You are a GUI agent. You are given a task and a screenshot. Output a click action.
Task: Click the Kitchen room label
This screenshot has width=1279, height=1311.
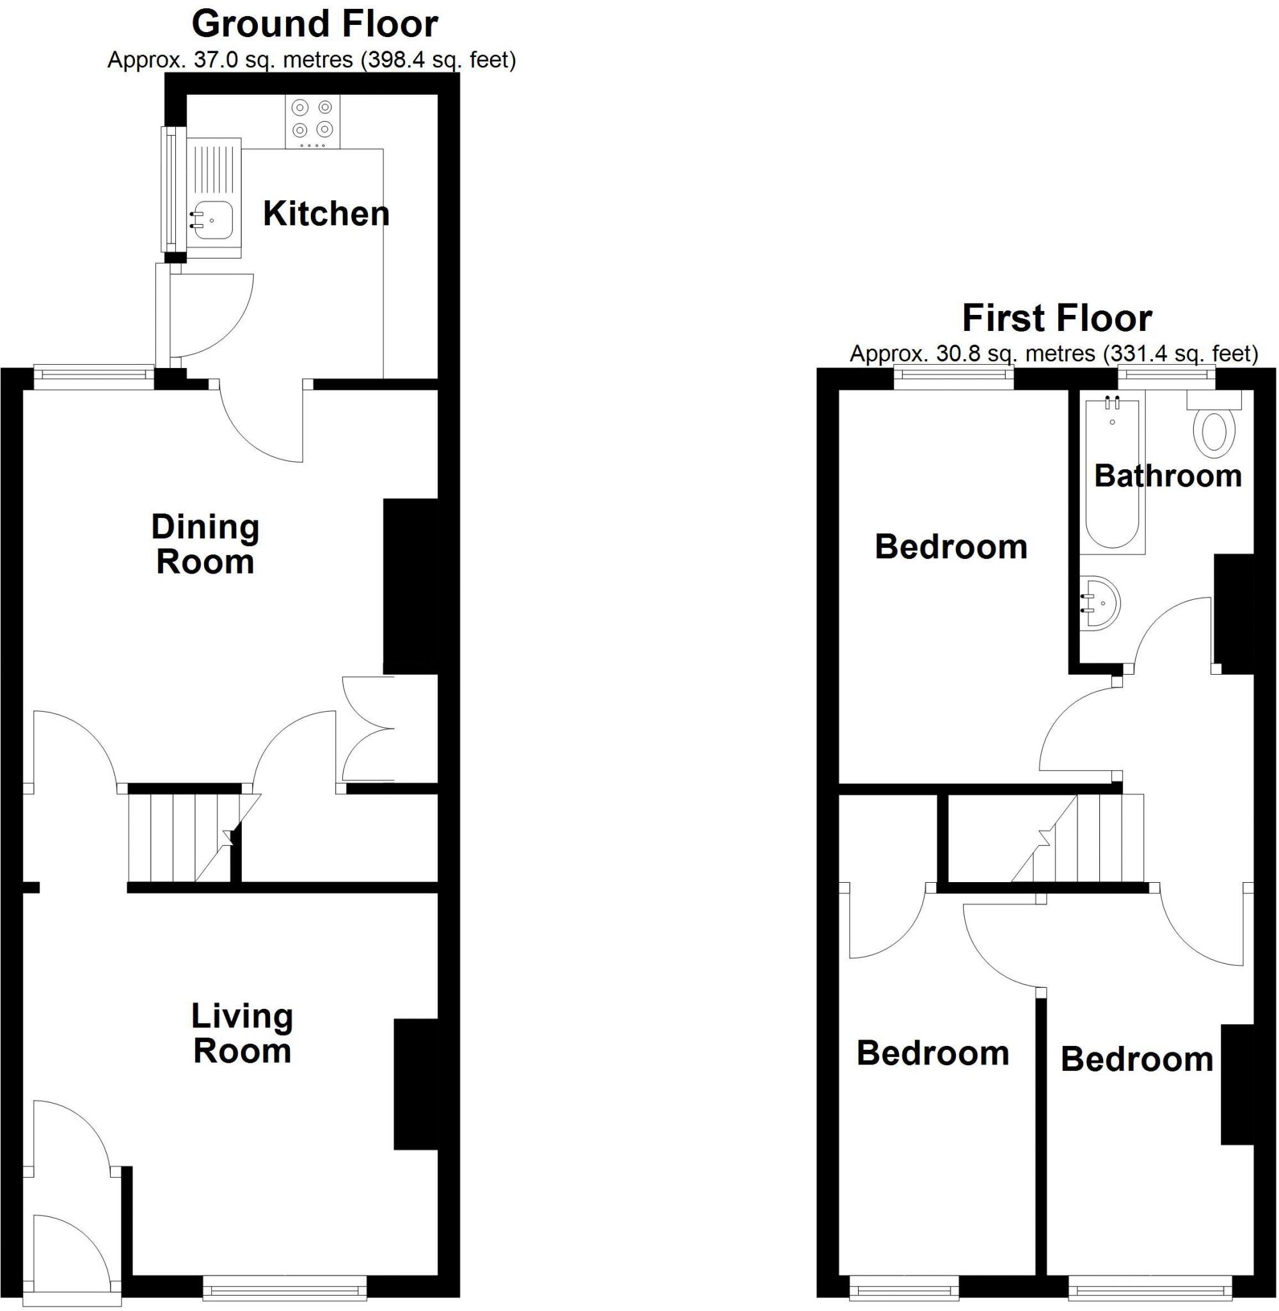click(326, 214)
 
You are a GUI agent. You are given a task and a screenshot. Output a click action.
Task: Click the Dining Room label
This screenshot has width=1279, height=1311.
click(205, 544)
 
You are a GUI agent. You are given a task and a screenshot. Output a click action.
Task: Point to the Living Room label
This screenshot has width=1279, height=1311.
click(242, 1033)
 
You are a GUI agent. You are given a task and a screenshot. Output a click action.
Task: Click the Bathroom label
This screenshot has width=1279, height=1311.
click(1168, 476)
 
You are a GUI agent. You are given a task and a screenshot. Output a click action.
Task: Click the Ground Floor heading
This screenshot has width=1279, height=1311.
click(315, 24)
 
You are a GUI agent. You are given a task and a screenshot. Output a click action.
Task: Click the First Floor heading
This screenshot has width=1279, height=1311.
click(1056, 319)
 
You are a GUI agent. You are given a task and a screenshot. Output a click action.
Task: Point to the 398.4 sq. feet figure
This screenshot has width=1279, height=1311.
click(438, 60)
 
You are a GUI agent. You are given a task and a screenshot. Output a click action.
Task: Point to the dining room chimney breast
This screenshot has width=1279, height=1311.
click(409, 586)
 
